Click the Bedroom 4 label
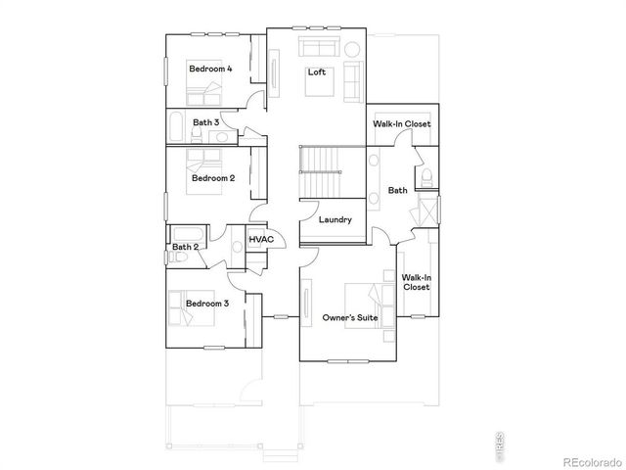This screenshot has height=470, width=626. tap(210, 69)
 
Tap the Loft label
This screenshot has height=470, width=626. tap(316, 72)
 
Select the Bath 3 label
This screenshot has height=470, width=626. tap(204, 122)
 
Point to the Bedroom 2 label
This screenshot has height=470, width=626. tap(212, 178)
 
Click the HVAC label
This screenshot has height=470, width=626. tap(260, 239)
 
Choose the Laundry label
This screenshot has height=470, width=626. tap(335, 219)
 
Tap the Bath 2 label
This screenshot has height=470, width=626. tap(185, 247)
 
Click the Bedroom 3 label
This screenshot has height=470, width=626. tap(206, 304)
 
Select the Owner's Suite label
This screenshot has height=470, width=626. tap(350, 318)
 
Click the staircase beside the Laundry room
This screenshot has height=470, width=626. tap(321, 172)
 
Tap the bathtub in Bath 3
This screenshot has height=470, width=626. tap(176, 126)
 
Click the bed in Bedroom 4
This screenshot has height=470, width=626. tap(205, 94)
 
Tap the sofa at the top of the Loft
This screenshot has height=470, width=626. tap(317, 50)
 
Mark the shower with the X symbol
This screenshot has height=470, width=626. tap(427, 211)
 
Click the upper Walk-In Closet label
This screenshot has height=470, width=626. tap(402, 124)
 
